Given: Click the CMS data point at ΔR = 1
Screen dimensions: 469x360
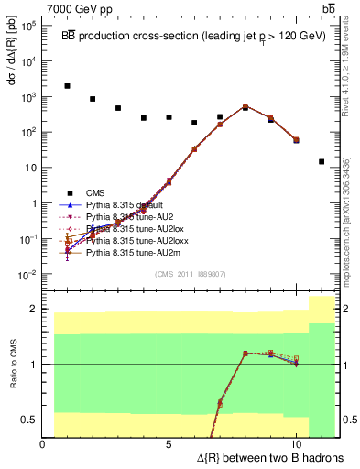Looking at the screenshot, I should pos(68,86).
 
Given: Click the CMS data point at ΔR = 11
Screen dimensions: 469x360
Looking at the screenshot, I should pos(322,161).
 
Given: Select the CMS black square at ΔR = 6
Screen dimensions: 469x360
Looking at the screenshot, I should pos(194,123).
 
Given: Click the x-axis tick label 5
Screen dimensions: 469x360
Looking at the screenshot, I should pos(169,445).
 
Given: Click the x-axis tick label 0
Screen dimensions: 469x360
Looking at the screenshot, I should pos(43,445).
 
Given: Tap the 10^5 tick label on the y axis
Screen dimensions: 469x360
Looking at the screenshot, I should pos(28,25).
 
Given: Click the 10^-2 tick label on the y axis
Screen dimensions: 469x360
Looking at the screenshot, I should pos(28,275).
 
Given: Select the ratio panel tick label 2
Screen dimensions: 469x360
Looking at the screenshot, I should pos(34,309).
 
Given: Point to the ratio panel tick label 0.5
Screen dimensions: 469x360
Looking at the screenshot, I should pos(30,420).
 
